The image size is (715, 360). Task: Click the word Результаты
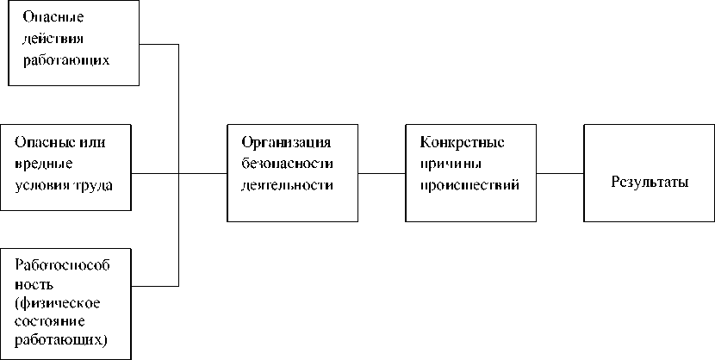(x=650, y=183)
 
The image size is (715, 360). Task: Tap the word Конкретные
(x=463, y=141)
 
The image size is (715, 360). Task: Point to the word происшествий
(x=469, y=184)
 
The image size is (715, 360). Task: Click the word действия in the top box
(x=55, y=40)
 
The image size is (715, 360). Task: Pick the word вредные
(x=43, y=163)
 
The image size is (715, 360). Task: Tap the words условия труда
(x=64, y=184)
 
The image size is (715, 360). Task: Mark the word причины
(x=451, y=163)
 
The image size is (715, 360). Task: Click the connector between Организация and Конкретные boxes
(x=382, y=173)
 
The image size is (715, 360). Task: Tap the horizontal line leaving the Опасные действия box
(x=159, y=44)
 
